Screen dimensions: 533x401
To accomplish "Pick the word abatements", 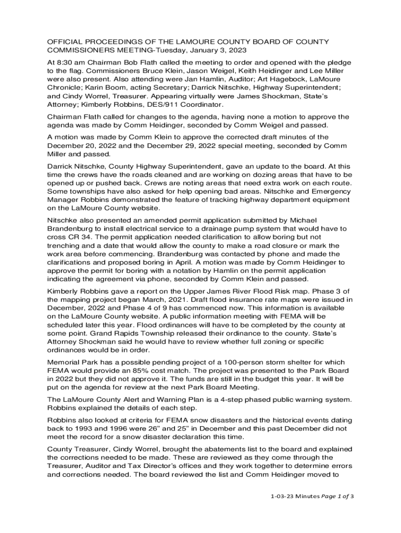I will [209, 449].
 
